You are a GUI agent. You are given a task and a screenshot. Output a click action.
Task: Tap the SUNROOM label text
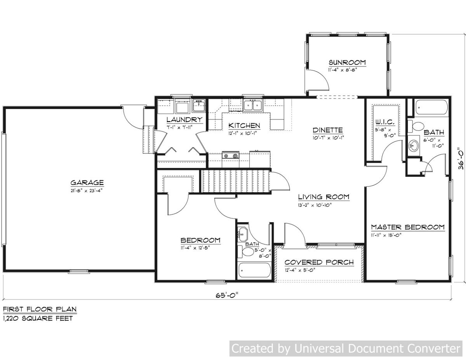[x=347, y=62]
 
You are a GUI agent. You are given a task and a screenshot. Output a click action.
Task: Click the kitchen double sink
[x=253, y=104]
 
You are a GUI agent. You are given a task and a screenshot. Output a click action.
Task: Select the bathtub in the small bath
[x=254, y=270]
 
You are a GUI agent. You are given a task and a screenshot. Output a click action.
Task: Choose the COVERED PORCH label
[x=319, y=262]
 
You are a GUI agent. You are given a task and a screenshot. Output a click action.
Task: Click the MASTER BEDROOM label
[x=407, y=227]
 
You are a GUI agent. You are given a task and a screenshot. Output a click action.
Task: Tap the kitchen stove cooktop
[x=230, y=156]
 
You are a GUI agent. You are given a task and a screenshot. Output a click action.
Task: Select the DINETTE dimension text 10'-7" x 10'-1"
[x=328, y=137]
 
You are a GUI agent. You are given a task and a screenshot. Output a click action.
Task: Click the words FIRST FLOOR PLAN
[x=40, y=310]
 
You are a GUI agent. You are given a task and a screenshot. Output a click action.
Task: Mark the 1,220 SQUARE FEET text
[x=38, y=318]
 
